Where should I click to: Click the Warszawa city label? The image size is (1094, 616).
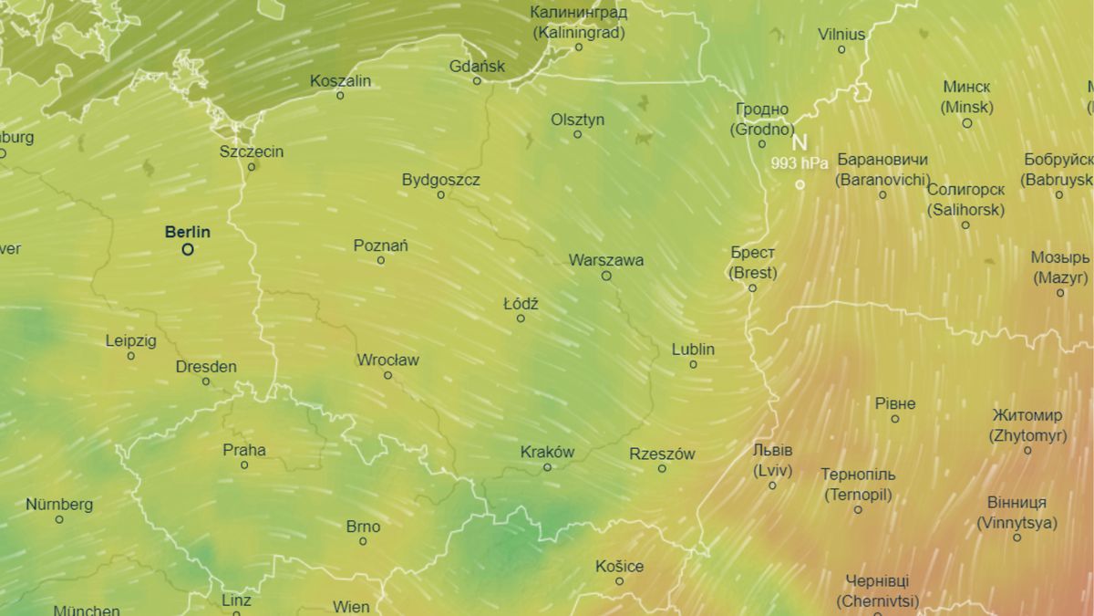point(606,260)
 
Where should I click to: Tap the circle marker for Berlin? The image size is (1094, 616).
point(188,249)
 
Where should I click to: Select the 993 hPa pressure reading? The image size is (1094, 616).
point(799,163)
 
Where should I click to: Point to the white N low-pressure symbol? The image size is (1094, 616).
point(799,143)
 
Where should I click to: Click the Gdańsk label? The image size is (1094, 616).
point(477,66)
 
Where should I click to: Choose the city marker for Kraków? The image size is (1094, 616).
point(547,467)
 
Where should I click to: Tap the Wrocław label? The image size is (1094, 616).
point(387,360)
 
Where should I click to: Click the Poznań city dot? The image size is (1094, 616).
point(381,261)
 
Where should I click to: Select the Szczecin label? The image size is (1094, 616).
point(252,151)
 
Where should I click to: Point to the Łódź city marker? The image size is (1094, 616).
point(521,318)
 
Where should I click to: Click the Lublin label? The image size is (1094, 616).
point(693,350)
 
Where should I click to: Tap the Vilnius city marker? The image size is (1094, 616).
point(841,49)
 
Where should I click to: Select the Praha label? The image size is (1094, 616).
point(244,450)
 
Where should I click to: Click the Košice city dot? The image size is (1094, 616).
point(619,581)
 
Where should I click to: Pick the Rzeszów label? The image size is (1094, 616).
point(662,454)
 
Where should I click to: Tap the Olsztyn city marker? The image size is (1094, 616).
point(577,135)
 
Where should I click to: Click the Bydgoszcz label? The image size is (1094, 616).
point(440,180)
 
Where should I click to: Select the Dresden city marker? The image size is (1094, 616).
point(206,381)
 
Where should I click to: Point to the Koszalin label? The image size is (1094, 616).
point(340,80)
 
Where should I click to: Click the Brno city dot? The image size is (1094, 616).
point(363,541)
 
